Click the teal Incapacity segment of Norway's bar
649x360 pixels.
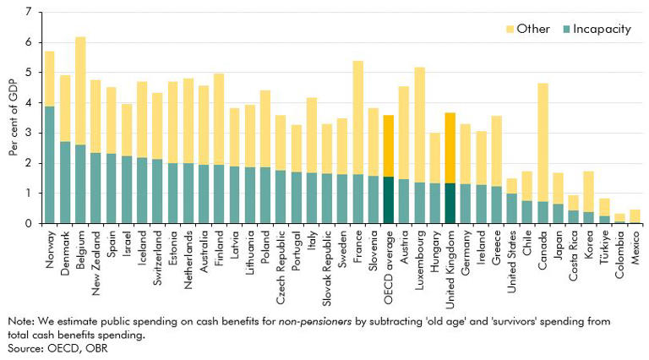point(50,165)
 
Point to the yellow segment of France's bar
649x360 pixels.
point(357,117)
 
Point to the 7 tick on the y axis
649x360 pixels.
point(30,13)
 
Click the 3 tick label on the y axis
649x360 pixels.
point(30,133)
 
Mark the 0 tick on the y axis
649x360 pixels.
point(30,223)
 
